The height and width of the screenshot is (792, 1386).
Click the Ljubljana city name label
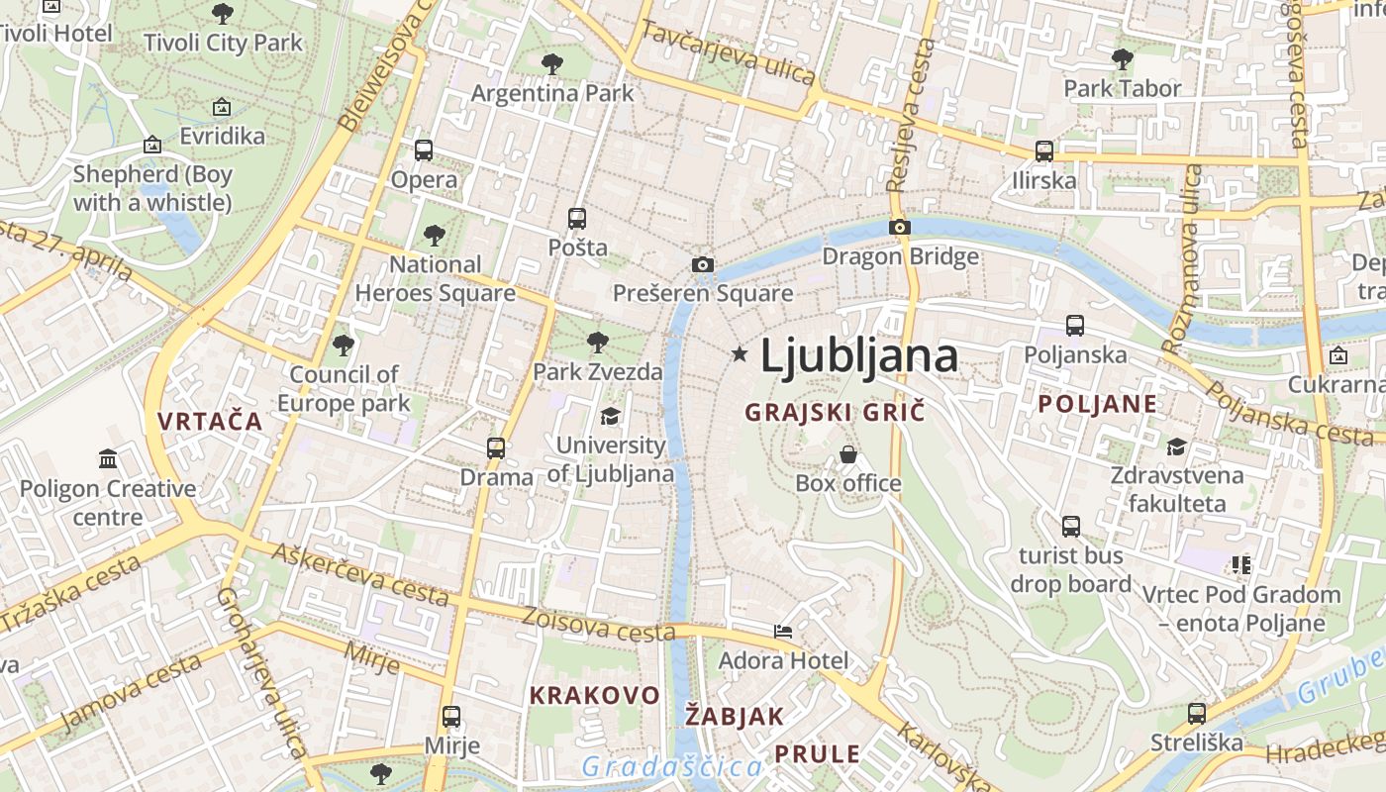click(858, 356)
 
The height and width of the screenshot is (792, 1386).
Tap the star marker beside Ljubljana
click(740, 353)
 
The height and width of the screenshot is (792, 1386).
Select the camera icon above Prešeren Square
click(703, 264)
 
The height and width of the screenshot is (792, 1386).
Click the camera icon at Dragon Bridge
click(900, 228)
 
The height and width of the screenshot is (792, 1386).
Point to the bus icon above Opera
click(424, 150)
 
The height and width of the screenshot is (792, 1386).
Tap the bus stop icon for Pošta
click(577, 219)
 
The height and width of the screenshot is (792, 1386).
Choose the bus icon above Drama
click(496, 448)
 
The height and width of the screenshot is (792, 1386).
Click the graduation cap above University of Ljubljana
click(610, 417)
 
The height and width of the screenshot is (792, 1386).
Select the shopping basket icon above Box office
click(848, 454)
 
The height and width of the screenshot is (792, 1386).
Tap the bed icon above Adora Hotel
click(783, 631)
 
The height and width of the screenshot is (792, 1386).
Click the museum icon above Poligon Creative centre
click(108, 459)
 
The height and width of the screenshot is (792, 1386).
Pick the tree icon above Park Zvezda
click(597, 344)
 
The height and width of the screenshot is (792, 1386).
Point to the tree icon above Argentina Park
click(552, 64)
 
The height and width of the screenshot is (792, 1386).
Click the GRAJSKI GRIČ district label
click(835, 412)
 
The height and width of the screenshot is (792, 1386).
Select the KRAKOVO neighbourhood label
click(594, 695)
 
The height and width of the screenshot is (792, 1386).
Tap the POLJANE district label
click(1097, 404)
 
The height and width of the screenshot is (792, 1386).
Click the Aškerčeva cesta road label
click(360, 574)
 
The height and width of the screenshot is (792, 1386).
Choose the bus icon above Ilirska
click(1044, 151)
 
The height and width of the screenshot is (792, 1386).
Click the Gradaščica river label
click(672, 766)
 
